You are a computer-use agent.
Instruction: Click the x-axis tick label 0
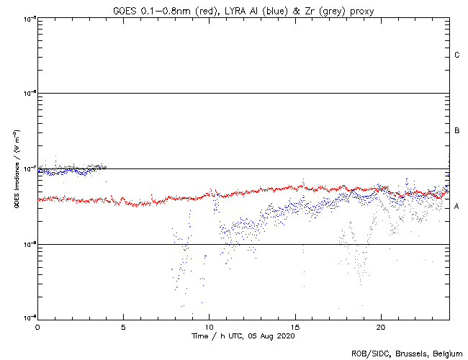(x=37, y=326)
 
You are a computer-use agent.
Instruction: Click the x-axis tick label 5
(x=123, y=326)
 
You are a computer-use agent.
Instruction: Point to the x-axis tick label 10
(x=209, y=326)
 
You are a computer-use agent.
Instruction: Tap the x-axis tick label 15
(x=294, y=326)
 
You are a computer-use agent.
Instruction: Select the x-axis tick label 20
(x=380, y=326)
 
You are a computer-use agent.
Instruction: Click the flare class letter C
(x=457, y=55)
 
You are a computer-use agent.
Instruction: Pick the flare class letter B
(x=457, y=131)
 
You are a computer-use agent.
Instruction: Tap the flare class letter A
(x=457, y=207)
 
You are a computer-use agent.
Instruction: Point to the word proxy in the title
(x=361, y=10)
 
